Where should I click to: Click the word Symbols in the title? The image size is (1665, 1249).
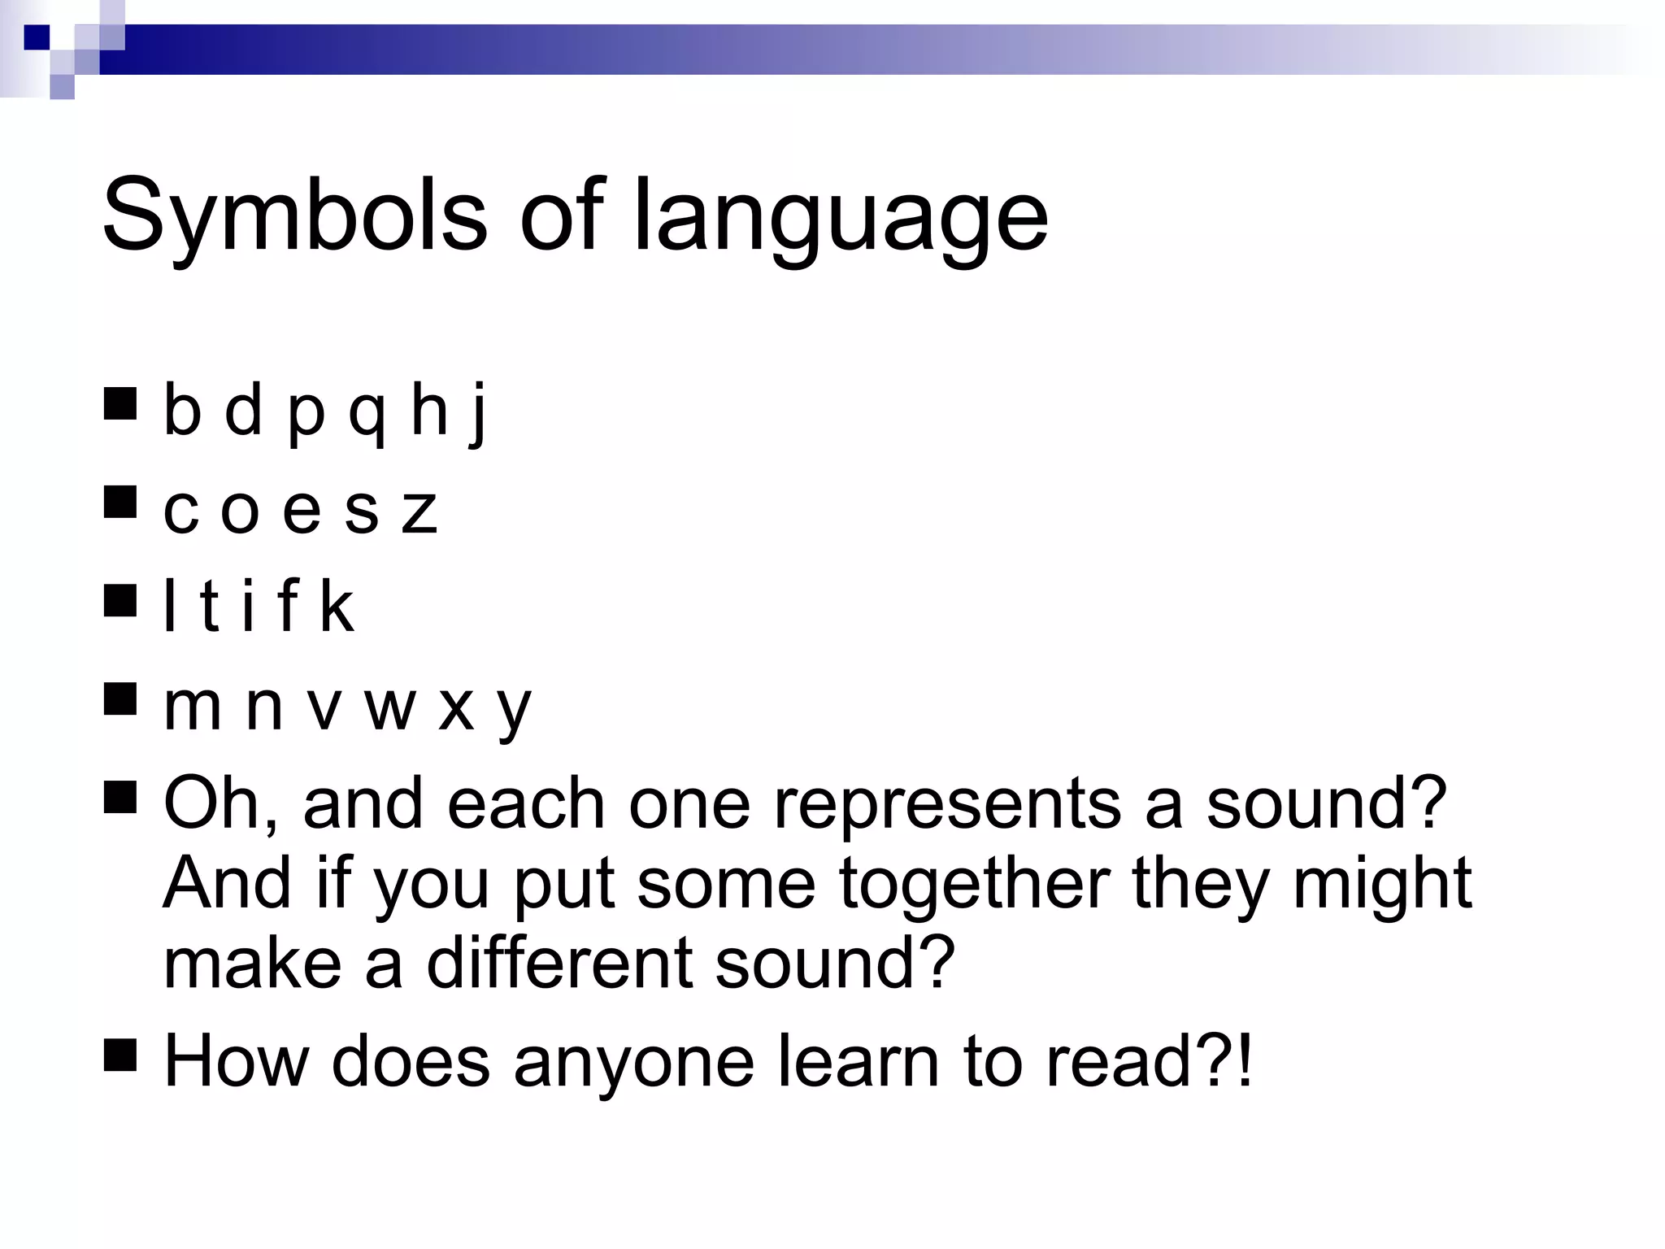pyautogui.click(x=293, y=215)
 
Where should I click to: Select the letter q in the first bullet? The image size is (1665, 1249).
pyautogui.click(x=367, y=415)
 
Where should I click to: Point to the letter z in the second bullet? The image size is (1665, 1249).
pyautogui.click(x=420, y=511)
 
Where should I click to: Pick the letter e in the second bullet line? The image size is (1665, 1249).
pyautogui.click(x=302, y=511)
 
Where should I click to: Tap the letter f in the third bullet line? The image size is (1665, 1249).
pyautogui.click(x=288, y=607)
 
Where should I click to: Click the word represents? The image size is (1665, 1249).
pyautogui.click(x=947, y=803)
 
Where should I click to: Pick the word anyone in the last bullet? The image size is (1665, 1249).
pyautogui.click(x=634, y=1061)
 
